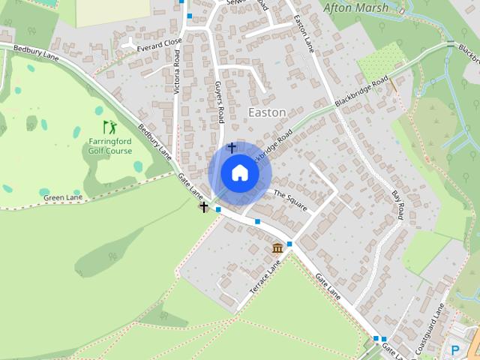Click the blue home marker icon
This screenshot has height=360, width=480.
[239, 172]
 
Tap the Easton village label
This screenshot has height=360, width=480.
[266, 112]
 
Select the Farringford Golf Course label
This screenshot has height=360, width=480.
[110, 145]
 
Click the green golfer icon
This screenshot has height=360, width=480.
[109, 127]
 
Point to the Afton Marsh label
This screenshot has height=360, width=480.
[355, 8]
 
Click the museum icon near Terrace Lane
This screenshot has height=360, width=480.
[277, 248]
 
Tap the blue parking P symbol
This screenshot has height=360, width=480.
[454, 349]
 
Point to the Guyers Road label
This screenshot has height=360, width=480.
[220, 103]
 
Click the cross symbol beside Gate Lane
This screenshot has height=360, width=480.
[203, 206]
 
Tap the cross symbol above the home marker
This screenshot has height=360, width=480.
[232, 148]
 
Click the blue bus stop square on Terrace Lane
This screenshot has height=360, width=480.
[289, 244]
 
